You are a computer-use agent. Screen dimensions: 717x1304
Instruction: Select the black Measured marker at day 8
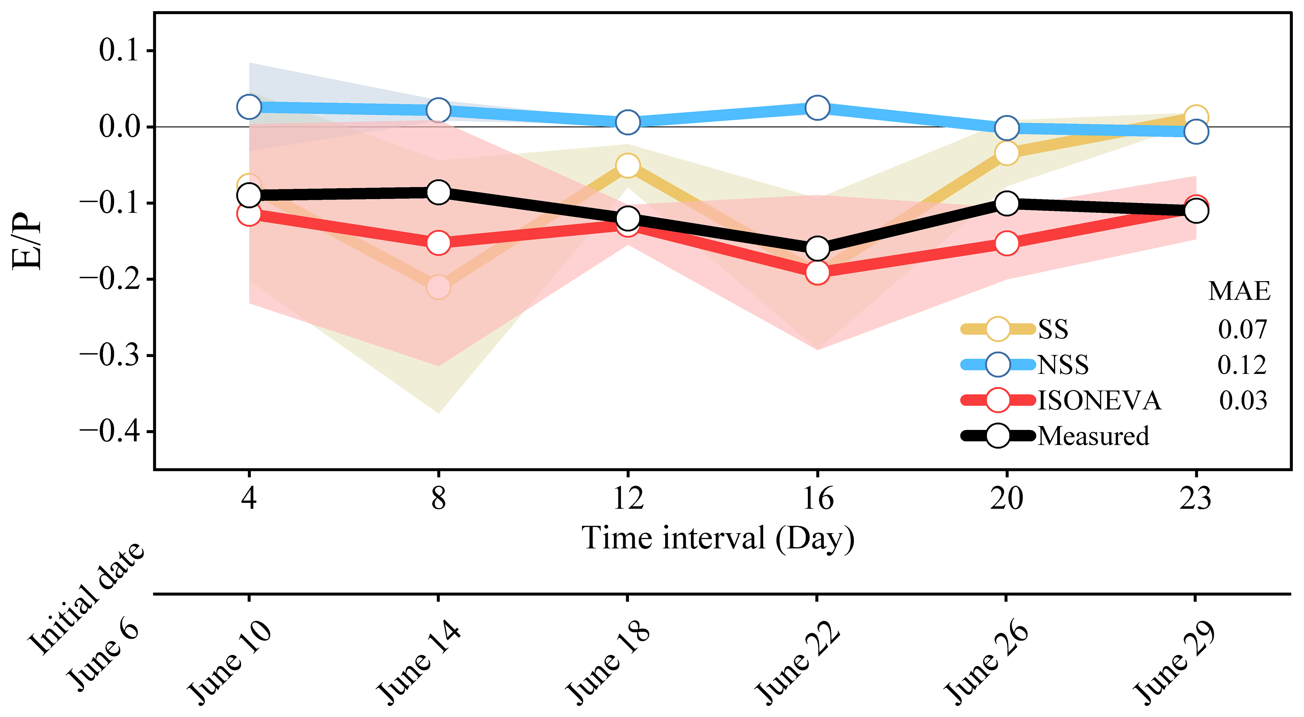438,192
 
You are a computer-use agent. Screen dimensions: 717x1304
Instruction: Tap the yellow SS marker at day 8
438,287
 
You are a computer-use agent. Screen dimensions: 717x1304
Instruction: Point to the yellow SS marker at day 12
628,166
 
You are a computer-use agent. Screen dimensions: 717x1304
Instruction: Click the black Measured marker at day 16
817,248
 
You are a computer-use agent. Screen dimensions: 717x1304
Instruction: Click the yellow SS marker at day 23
1196,117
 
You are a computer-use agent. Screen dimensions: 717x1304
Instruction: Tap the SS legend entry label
1053,330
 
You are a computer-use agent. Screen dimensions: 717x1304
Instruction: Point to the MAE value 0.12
1242,365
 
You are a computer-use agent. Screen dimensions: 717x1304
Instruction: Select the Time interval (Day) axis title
718,538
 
